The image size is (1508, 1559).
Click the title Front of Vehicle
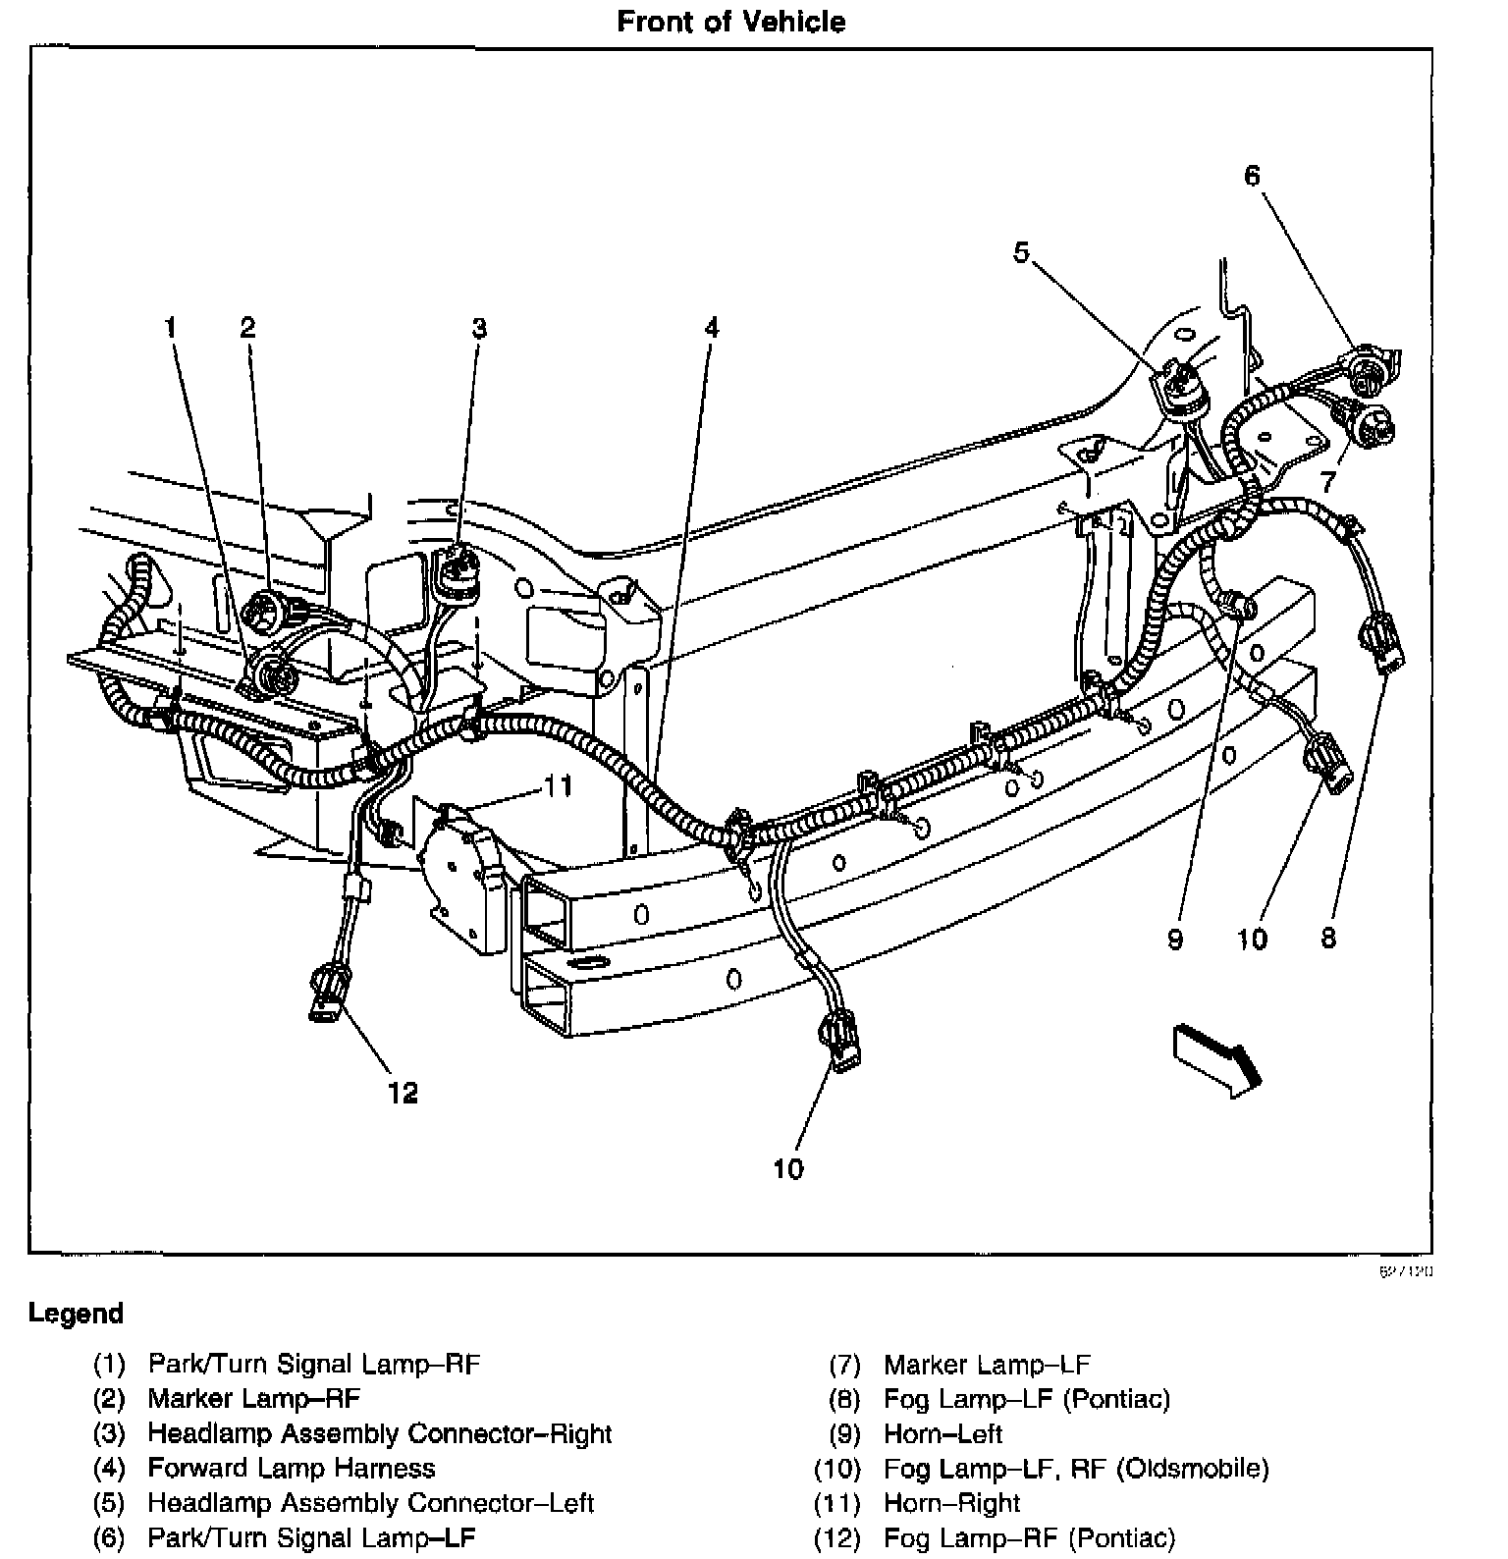coord(730,22)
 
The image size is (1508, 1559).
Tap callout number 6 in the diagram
coord(1252,177)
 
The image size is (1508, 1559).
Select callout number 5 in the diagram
coord(1022,254)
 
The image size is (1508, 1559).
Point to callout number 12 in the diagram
coord(403,1093)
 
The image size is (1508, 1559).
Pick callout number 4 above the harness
coord(711,328)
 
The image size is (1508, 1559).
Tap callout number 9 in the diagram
coord(1175,940)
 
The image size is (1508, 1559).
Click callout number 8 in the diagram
coord(1328,939)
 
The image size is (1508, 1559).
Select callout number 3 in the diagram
coord(478,328)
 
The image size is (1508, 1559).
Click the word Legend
coord(76,1314)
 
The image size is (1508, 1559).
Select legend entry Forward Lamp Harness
coord(291,1469)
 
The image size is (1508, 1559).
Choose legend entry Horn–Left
coord(942,1434)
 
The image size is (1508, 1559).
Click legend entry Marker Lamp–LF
coord(986,1365)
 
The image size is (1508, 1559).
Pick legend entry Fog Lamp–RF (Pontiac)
coord(1028,1538)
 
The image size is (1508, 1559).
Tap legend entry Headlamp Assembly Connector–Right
coord(379,1434)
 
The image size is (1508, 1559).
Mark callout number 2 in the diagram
coord(247,328)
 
